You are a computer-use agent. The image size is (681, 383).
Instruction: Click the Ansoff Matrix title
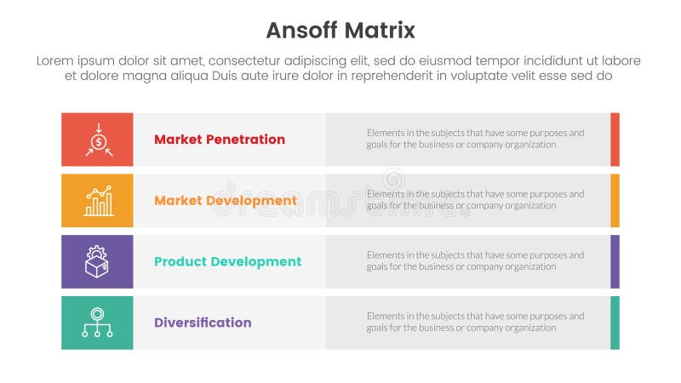coord(340,31)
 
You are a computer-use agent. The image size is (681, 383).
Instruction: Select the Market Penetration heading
coord(220,140)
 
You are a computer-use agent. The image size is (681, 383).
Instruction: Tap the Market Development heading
coord(226,201)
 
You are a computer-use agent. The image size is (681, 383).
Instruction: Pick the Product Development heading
coord(227,262)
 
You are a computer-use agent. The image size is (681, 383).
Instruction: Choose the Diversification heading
coord(203,323)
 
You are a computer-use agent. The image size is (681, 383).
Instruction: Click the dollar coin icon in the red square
coord(98,140)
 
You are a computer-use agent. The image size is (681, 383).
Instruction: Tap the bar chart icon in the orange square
coord(98,201)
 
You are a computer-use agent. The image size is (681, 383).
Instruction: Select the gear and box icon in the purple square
coord(98,261)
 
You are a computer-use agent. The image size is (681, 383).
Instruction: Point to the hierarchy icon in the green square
coord(98,323)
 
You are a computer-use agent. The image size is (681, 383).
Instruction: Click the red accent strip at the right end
coord(615,140)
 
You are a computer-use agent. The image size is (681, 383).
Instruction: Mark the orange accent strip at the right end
coord(615,201)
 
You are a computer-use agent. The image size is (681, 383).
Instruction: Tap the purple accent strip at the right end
coord(615,261)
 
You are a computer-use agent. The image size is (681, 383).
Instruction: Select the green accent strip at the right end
coord(615,323)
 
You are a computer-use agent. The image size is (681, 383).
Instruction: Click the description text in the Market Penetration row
coord(475,139)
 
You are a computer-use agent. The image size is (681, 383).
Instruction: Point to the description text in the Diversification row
coord(475,322)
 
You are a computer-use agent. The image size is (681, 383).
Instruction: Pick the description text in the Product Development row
coord(475,260)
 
